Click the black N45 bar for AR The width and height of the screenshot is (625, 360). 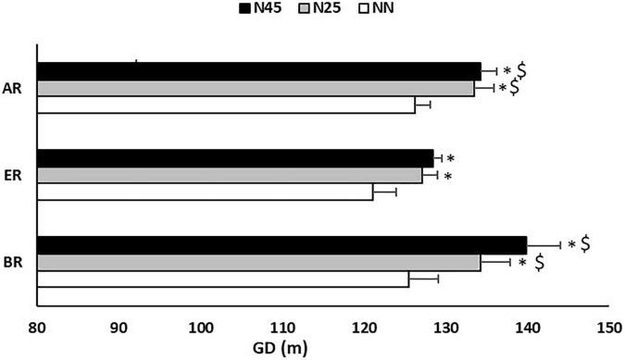tap(259, 71)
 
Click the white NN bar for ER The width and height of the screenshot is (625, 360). tap(205, 192)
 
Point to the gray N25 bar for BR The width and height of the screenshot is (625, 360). tap(258, 262)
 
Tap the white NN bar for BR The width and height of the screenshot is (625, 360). tap(222, 279)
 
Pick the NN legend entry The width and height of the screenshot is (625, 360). tap(371, 9)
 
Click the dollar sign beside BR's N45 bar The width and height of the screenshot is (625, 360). tap(585, 243)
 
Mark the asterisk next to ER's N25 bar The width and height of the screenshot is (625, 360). tap(448, 177)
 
